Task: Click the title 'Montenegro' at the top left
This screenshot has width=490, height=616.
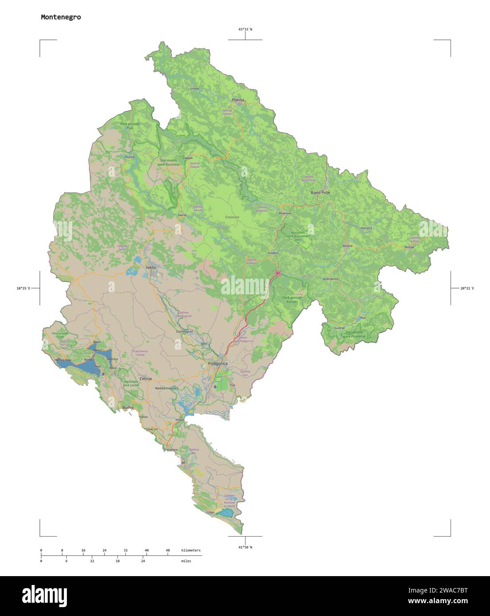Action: [x=61, y=17]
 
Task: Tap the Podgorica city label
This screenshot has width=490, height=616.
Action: [x=218, y=363]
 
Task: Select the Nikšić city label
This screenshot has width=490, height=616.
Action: [x=152, y=267]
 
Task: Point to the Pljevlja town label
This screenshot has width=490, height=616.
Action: [x=238, y=100]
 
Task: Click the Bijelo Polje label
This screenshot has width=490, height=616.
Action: [x=320, y=192]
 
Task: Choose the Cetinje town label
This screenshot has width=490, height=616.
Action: [x=146, y=379]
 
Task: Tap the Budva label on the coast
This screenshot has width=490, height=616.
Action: [x=128, y=407]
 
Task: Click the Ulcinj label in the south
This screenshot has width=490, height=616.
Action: [x=210, y=512]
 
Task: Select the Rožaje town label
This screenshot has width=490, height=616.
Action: [x=409, y=247]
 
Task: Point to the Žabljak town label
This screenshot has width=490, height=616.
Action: [x=188, y=158]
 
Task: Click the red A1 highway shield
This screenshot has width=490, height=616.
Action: [x=278, y=273]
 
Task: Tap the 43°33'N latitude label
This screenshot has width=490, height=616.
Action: [x=245, y=29]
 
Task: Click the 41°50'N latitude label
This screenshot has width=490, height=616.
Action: [x=245, y=547]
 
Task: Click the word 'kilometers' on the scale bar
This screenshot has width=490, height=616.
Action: [x=191, y=550]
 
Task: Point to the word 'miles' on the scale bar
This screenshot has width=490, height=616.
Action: [x=186, y=561]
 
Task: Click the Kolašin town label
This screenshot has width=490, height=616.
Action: [x=273, y=253]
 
